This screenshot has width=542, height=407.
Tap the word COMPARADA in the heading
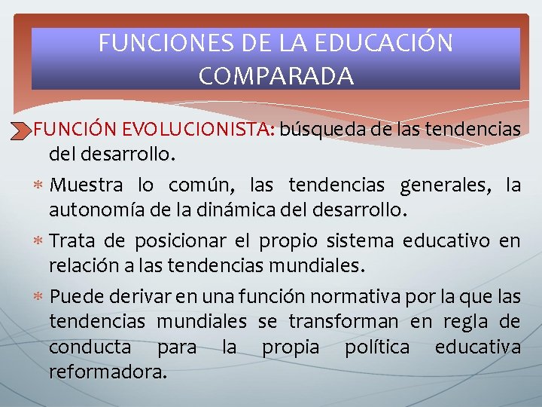(276, 75)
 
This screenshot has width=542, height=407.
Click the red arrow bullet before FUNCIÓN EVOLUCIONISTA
(22, 130)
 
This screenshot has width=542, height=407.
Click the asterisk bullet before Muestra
(38, 185)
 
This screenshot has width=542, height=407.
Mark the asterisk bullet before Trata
(38, 240)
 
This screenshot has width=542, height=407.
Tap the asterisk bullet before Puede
(38, 295)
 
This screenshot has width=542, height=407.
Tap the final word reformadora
(107, 372)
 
